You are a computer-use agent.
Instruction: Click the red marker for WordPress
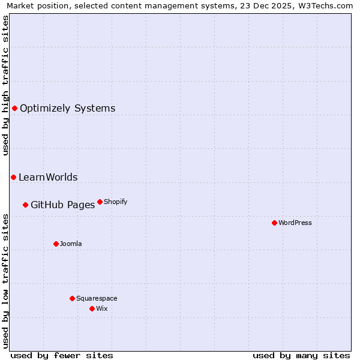click(274, 223)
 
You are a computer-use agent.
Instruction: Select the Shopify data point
click(100, 202)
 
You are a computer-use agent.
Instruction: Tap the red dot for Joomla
click(56, 244)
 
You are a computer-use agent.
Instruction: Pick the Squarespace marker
click(72, 298)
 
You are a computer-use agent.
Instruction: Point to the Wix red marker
click(92, 308)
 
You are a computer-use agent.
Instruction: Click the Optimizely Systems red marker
click(14, 108)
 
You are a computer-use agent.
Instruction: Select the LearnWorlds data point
click(13, 177)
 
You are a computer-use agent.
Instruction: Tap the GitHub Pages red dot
click(25, 205)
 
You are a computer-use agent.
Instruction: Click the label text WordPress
click(295, 223)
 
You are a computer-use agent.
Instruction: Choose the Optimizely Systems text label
click(67, 109)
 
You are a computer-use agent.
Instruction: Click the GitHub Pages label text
click(62, 205)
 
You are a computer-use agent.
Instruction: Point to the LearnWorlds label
click(48, 178)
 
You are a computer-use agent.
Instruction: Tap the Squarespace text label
click(97, 298)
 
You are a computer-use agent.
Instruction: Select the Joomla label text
click(71, 244)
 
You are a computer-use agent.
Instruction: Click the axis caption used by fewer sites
click(62, 355)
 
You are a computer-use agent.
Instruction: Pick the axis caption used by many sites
click(301, 355)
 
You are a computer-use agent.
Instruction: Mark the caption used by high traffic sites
click(5, 86)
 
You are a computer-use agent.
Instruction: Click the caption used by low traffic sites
click(5, 280)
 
